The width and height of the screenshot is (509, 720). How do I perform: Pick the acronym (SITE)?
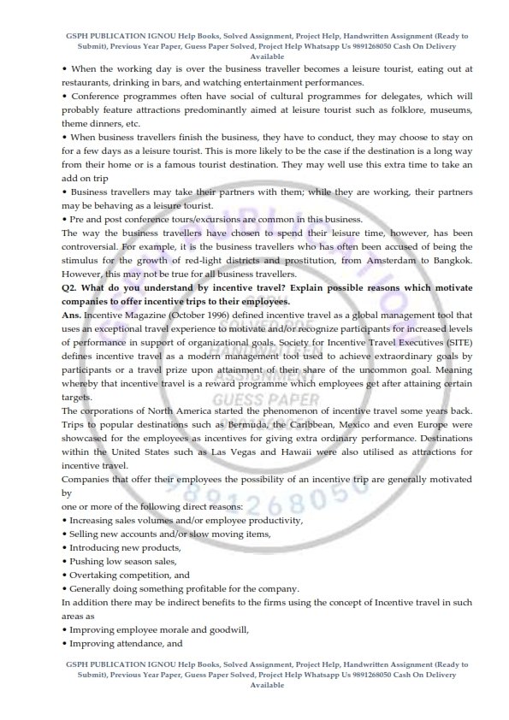pos(457,342)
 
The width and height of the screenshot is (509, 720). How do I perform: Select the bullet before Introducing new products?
pos(65,548)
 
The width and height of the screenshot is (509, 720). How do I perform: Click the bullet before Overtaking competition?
pos(65,575)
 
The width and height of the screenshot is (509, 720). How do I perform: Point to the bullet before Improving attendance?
pos(65,644)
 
